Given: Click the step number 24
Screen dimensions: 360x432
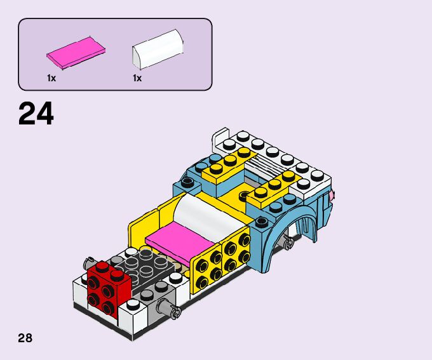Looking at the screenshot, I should click(x=36, y=114).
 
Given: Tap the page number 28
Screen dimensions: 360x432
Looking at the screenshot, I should click(x=25, y=337).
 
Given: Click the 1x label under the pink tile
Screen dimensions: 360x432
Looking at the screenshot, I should click(x=51, y=78).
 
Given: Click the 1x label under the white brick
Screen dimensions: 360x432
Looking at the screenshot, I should click(x=137, y=78).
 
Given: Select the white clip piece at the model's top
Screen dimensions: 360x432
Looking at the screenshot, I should click(x=220, y=138).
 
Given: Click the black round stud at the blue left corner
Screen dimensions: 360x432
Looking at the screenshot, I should click(x=187, y=183).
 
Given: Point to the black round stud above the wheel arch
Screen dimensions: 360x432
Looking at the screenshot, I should click(x=260, y=222).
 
